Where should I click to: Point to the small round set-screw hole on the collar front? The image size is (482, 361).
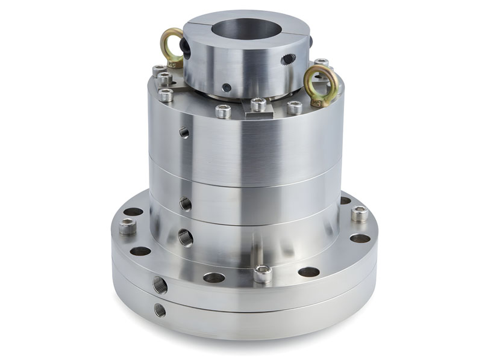coord(226,88)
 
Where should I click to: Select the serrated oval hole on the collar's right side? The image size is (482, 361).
coord(289,58)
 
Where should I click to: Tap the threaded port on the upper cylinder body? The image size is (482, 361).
coord(183,131)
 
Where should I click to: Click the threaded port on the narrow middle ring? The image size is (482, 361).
coord(186,205)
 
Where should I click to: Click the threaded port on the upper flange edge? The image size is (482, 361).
coord(160,285)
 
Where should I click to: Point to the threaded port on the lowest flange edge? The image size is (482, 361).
coord(160,310)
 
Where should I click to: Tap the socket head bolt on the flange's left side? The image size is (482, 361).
coord(127,227)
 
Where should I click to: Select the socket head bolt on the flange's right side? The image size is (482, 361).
coord(359,213)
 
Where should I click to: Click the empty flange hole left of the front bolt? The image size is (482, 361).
coord(213,277)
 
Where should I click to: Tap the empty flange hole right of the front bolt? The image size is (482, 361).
coord(308,271)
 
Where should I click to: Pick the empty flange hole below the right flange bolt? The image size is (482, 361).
coord(360,238)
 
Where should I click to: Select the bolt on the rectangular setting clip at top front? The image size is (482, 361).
coord(258,104)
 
